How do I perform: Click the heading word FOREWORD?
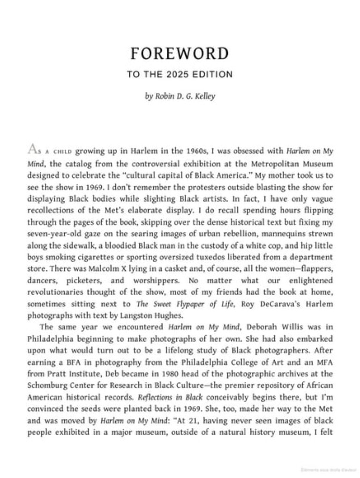(x=180, y=54)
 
